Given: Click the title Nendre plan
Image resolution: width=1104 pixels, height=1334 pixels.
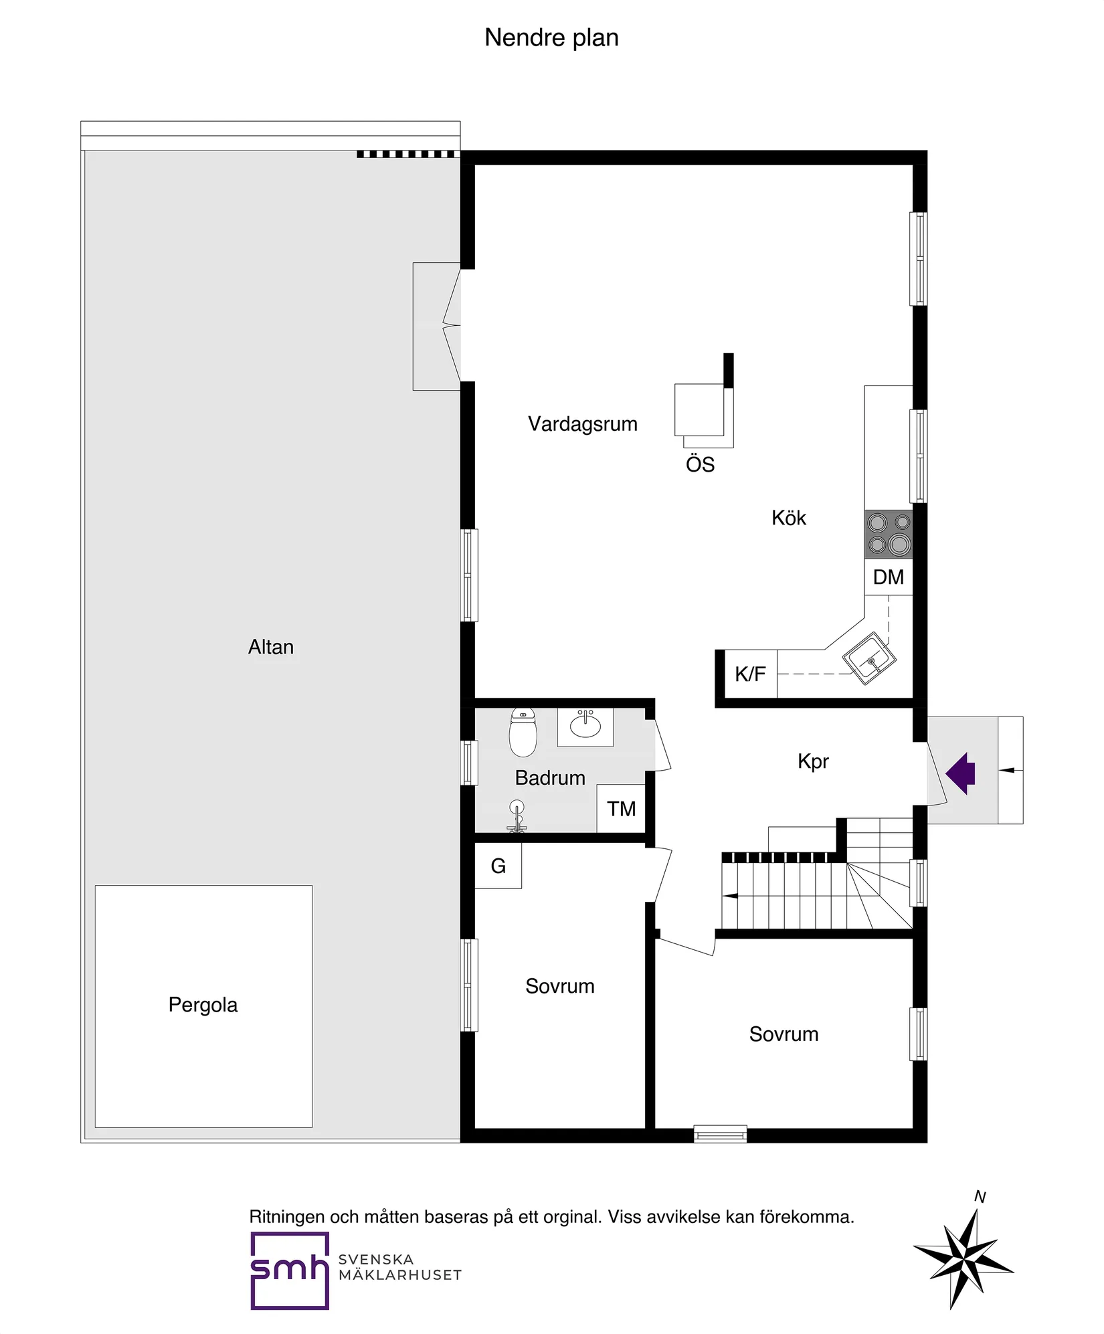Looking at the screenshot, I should coord(551,37).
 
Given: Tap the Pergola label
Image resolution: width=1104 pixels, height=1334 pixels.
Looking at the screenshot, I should coord(203,1004).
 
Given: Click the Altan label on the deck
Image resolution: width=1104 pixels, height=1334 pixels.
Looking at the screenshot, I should coord(271,647).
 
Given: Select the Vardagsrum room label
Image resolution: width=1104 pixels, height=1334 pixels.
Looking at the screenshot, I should coord(582,423).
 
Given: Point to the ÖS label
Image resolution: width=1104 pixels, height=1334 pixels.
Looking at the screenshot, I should coord(700,464).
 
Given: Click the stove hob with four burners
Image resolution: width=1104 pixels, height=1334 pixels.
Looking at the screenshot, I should coord(889,534).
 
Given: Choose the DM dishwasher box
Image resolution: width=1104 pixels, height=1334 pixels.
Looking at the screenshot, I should coord(888,577).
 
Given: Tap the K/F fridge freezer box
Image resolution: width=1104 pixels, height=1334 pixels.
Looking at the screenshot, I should coord(750,674).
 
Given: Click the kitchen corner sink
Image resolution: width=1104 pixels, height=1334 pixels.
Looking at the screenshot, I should coord(869,659).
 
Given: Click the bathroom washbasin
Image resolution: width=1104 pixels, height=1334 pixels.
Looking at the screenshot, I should coord(585,726).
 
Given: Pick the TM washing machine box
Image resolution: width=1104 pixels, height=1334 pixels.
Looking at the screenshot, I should coord(621,809).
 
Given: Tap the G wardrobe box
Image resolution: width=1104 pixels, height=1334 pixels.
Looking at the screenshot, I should coord(498,866).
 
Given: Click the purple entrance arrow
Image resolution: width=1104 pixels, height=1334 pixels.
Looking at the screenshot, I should coord(961,773).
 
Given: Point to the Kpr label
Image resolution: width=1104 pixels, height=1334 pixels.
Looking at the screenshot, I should coord(813,761).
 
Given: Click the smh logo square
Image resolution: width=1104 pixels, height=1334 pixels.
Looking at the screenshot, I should coord(290,1270).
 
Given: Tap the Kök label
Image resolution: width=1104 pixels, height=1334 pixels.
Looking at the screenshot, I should coord(788,518).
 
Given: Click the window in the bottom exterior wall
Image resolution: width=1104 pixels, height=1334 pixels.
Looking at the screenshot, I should coord(720,1133).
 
